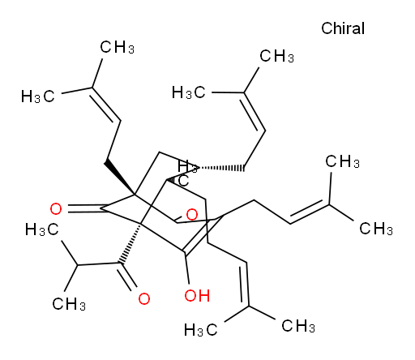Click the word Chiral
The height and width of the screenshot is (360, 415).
(343, 28)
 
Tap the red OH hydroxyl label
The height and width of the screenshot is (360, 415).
(197, 295)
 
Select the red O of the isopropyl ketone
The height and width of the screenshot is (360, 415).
(144, 299)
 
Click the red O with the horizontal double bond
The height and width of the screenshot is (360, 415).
(56, 209)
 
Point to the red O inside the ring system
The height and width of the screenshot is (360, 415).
(192, 215)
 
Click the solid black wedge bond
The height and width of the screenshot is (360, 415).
(119, 178)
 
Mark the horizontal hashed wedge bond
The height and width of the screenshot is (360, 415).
(221, 168)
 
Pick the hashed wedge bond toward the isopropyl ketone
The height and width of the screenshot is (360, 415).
(130, 244)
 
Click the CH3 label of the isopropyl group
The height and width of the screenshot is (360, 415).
(69, 304)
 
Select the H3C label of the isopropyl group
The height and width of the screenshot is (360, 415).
(42, 230)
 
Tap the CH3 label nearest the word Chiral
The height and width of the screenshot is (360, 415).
(276, 57)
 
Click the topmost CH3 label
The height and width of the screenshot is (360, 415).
(117, 47)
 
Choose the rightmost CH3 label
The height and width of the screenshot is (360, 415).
(376, 229)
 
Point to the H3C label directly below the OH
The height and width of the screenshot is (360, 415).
(201, 330)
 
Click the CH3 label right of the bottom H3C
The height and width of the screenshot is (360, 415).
(298, 326)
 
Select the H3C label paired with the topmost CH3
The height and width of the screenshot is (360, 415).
(38, 96)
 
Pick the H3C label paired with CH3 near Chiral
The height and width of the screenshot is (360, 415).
(189, 92)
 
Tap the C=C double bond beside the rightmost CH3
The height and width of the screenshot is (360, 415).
(309, 212)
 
